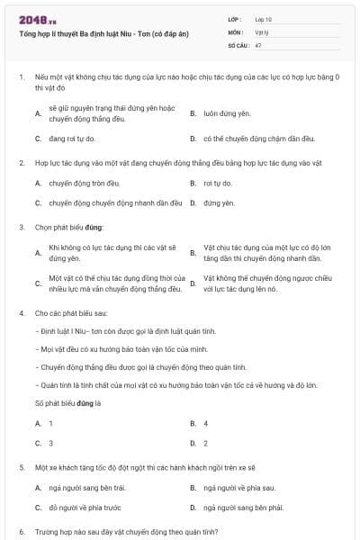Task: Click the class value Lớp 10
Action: (263, 19)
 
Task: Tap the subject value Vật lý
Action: (261, 31)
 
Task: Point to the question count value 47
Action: (258, 44)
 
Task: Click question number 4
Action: (21, 312)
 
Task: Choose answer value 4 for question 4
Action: (206, 422)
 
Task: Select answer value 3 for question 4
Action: (50, 443)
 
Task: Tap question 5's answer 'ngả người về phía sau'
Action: (239, 487)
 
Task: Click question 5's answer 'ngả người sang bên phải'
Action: (244, 508)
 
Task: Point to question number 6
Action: (21, 531)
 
